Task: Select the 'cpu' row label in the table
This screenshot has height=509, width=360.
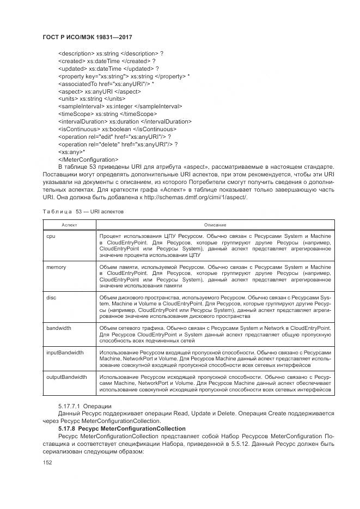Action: pos(51,236)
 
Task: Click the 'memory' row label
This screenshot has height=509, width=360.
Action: pos(56,267)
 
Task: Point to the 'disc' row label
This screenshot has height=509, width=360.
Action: pos(51,298)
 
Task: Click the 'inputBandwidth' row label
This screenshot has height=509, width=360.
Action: pos(65,352)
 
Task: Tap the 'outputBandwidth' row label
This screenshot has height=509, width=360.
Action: pos(66,377)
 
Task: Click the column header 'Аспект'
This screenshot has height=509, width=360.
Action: pos(69,225)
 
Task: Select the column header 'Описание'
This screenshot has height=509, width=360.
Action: pos(215,225)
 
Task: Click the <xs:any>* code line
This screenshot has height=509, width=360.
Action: pos(71,152)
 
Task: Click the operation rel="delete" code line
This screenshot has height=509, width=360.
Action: pos(118,144)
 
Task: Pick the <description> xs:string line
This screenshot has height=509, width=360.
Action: pos(111,53)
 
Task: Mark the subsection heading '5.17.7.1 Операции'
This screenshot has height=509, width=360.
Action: pos(84,407)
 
